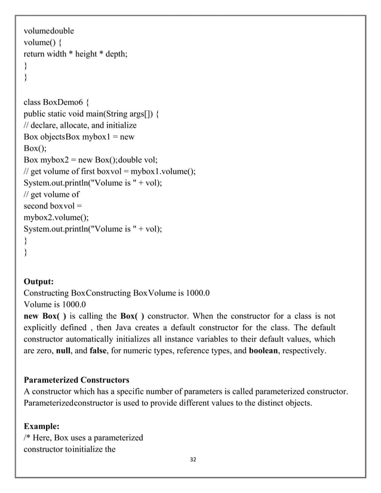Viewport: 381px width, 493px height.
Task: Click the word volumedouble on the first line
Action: click(49, 29)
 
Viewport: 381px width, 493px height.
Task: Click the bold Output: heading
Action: click(40, 281)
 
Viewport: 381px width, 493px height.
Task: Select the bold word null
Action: click(64, 351)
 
